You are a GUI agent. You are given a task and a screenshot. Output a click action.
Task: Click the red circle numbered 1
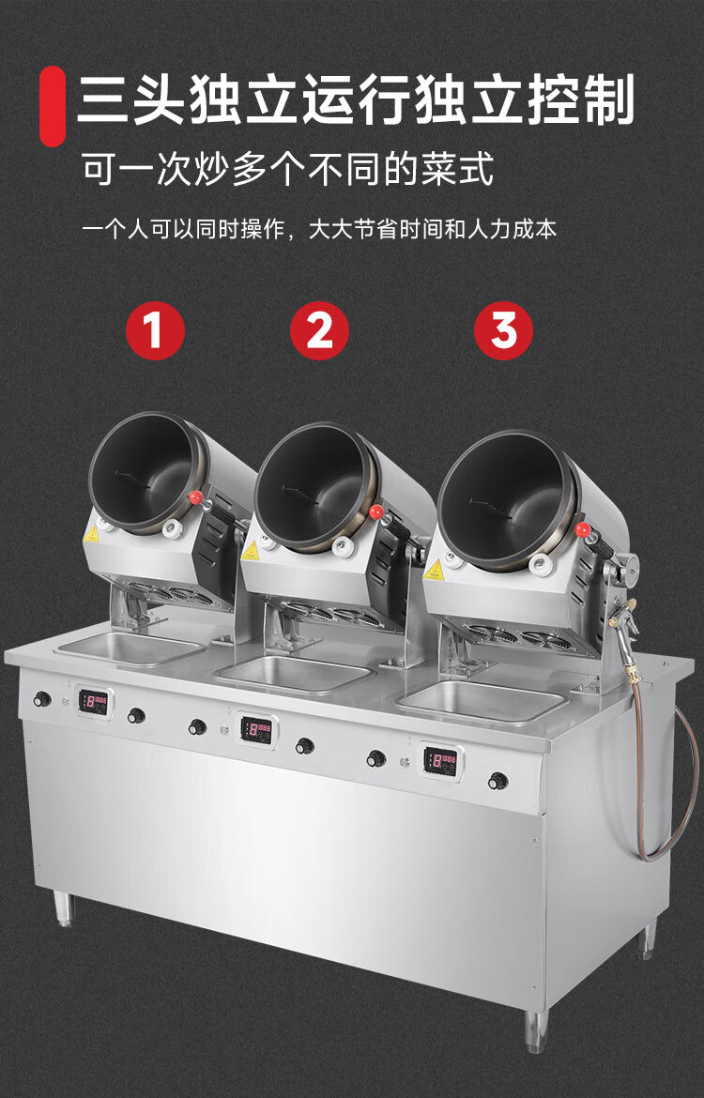(155, 329)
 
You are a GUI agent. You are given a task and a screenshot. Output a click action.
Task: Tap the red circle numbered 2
(319, 329)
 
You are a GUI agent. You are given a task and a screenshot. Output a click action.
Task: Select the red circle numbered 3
(504, 329)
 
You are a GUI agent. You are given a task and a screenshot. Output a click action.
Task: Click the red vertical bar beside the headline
(52, 106)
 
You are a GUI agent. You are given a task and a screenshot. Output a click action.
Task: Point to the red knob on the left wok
(196, 497)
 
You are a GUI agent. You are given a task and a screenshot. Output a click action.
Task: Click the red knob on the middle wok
(376, 511)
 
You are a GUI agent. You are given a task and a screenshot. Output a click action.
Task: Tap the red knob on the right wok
(583, 529)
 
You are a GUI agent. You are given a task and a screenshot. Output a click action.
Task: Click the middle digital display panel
(257, 730)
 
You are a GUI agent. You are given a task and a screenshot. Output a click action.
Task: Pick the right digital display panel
(441, 761)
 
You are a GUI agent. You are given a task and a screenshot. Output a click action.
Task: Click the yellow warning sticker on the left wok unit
(91, 534)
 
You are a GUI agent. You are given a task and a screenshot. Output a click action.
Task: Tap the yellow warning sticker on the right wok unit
(433, 569)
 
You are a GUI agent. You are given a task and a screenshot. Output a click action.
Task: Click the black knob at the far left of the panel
(42, 699)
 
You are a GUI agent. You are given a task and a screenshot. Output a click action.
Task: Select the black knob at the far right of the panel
(498, 780)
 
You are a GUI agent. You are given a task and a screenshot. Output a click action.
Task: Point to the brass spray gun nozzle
(625, 608)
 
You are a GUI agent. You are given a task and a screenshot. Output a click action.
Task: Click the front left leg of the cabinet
(64, 909)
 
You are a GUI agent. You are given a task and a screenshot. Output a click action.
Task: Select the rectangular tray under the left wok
(130, 648)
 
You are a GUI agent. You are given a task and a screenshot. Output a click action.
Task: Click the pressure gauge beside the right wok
(628, 564)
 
